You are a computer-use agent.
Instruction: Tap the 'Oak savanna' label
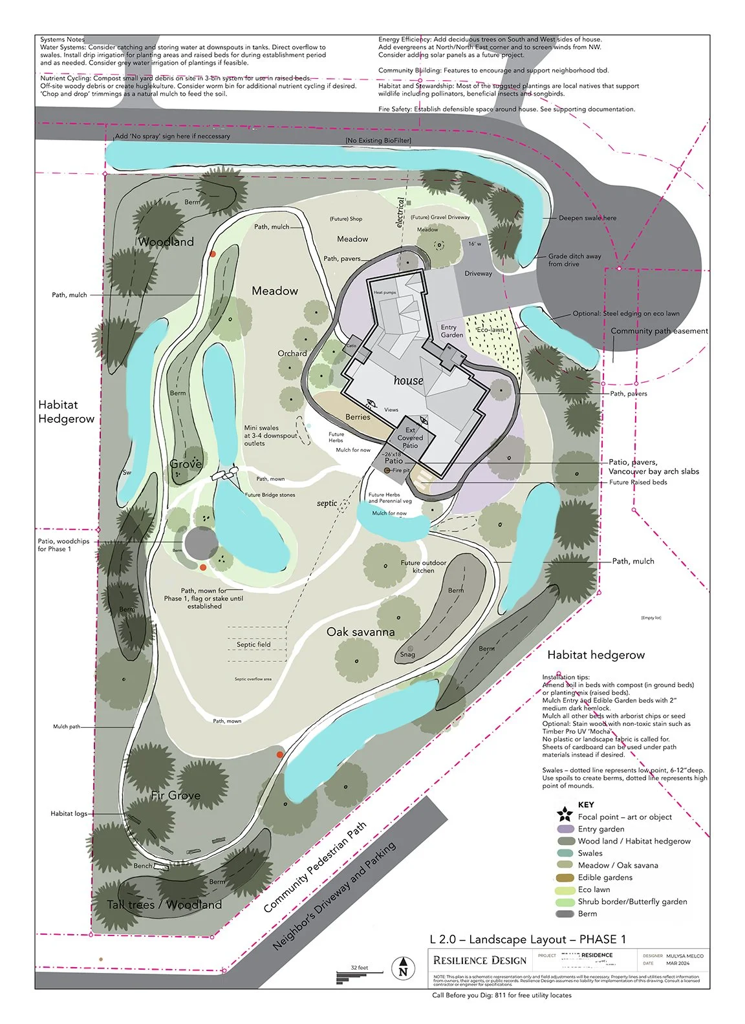(360, 632)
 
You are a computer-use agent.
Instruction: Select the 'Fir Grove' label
(175, 795)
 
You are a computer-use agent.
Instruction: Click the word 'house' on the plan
(408, 381)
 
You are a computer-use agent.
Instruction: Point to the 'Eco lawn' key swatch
(565, 890)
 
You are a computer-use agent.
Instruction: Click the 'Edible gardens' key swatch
(565, 877)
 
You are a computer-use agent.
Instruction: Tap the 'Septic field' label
(254, 645)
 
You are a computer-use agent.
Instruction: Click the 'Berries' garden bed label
(358, 417)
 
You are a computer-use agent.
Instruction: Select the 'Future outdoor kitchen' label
(423, 566)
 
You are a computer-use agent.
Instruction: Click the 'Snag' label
(407, 654)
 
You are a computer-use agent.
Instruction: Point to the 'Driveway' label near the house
(478, 273)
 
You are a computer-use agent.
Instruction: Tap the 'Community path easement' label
(659, 331)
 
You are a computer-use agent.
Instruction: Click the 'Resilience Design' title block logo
(480, 960)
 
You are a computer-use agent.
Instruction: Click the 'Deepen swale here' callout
(587, 218)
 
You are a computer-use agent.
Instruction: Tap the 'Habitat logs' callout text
(69, 813)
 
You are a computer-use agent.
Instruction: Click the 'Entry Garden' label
(451, 331)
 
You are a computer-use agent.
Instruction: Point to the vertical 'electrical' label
(400, 213)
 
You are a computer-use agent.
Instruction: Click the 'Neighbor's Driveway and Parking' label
(334, 895)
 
